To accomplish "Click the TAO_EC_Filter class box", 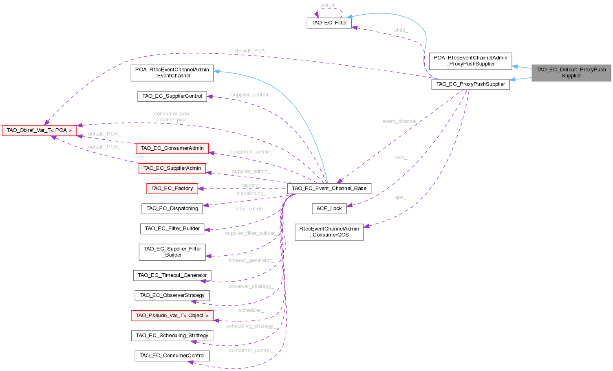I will [x=329, y=23].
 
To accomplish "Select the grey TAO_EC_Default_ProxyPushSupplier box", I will [x=571, y=72].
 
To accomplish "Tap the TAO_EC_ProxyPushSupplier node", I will [x=470, y=84].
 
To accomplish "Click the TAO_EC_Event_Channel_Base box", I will [x=329, y=188].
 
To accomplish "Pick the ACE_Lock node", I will [x=329, y=209].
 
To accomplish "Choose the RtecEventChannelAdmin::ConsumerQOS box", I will [x=329, y=232].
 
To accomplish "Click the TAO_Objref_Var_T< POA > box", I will [x=39, y=131].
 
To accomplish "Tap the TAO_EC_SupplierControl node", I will [x=172, y=96].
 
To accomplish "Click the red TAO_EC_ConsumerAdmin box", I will [x=172, y=148].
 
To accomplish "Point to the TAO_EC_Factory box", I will [x=172, y=189].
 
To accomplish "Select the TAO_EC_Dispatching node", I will [x=172, y=209].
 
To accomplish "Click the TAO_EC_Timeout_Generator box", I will [x=172, y=275].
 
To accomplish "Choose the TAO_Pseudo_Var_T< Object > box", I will [x=172, y=316].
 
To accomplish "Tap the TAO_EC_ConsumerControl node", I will [x=172, y=356].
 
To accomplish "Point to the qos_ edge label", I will [x=401, y=198].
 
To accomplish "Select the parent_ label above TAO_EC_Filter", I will [x=329, y=5].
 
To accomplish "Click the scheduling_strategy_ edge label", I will [x=251, y=326].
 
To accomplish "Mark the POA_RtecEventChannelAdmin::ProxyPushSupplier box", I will [x=470, y=61].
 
